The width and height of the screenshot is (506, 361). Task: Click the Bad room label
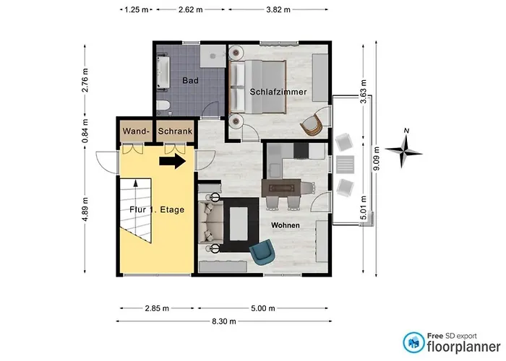pyautogui.click(x=190, y=80)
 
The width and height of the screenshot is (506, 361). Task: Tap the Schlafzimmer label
pyautogui.click(x=278, y=92)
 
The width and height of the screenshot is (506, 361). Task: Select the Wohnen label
pyautogui.click(x=286, y=225)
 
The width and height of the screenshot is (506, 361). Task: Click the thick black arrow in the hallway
pyautogui.click(x=173, y=161)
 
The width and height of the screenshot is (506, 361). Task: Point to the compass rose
pyautogui.click(x=403, y=149)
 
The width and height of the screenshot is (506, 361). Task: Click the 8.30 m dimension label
pyautogui.click(x=224, y=321)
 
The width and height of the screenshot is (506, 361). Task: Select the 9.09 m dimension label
pyautogui.click(x=376, y=159)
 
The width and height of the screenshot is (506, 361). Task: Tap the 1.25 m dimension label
pyautogui.click(x=136, y=9)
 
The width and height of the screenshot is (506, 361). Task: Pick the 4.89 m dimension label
pyautogui.click(x=85, y=209)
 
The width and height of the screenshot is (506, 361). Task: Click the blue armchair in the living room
pyautogui.click(x=262, y=252)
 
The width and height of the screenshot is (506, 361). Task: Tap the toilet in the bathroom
pyautogui.click(x=163, y=106)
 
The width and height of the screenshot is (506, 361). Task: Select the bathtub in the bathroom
pyautogui.click(x=163, y=73)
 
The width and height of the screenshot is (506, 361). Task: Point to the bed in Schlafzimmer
pyautogui.click(x=257, y=87)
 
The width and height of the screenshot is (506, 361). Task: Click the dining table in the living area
pyautogui.click(x=281, y=188)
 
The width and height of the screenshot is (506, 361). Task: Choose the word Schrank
pyautogui.click(x=175, y=131)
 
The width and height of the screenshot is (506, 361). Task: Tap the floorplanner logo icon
pyautogui.click(x=413, y=342)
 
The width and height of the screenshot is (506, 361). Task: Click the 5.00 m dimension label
pyautogui.click(x=263, y=308)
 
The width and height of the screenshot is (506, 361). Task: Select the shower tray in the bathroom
pyautogui.click(x=213, y=56)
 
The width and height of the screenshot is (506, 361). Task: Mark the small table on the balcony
pyautogui.click(x=345, y=165)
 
